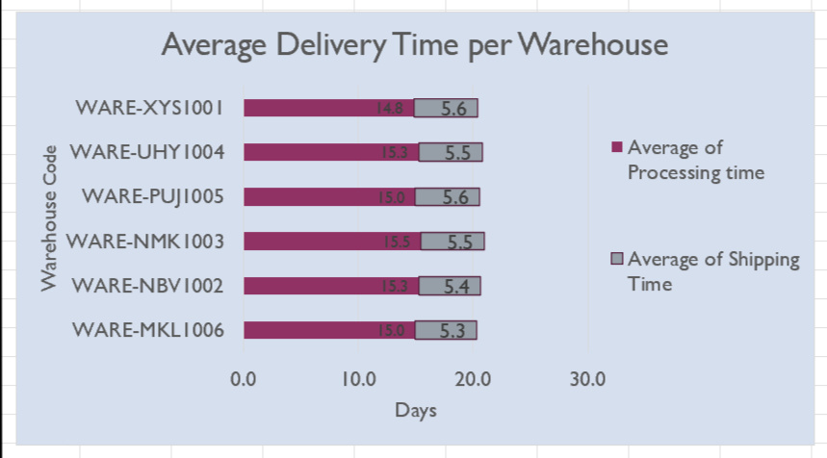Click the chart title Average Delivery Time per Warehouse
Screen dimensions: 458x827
(x=414, y=45)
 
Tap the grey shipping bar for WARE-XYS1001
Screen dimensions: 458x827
(x=446, y=108)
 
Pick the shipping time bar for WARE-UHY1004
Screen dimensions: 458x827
(x=451, y=152)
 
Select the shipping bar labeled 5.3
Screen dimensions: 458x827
(x=445, y=330)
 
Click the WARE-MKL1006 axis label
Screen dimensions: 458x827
(x=148, y=330)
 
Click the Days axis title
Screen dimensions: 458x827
(x=415, y=411)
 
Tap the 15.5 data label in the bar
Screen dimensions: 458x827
(x=397, y=242)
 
